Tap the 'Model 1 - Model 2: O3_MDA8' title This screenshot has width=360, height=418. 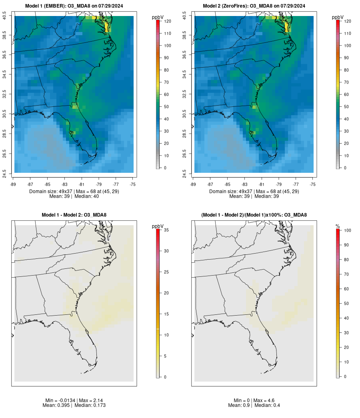tap(74, 215)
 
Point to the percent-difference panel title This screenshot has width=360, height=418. tap(254, 215)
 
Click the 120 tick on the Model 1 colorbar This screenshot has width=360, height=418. tap(167, 21)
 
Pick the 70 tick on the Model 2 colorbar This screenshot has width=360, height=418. tap(347, 82)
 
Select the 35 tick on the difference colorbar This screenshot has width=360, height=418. tap(166, 230)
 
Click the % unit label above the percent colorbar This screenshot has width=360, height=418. tap(338, 226)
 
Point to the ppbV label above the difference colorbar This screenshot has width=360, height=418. tap(158, 226)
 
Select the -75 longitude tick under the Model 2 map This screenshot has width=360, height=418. tap(313, 184)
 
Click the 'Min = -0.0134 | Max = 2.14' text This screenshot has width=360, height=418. tap(74, 400)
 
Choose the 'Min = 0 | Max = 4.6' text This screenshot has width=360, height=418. tap(254, 400)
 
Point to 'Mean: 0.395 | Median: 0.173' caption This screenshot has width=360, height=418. tap(74, 405)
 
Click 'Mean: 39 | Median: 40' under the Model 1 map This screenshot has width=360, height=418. tap(74, 196)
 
